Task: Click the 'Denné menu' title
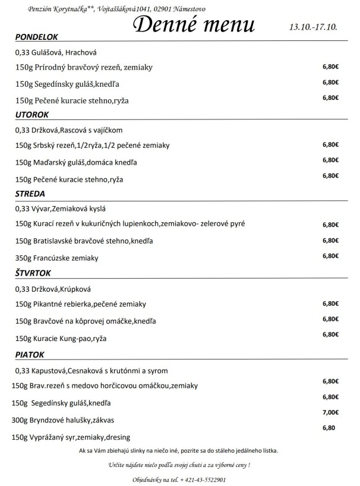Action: pyautogui.click(x=194, y=24)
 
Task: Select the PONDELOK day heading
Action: pyautogui.click(x=36, y=37)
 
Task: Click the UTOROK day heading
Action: pyautogui.click(x=31, y=114)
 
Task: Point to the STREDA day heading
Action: pyautogui.click(x=30, y=193)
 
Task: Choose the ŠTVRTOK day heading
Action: pyautogui.click(x=34, y=273)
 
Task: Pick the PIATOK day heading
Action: pyautogui.click(x=30, y=355)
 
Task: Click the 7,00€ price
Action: pyautogui.click(x=330, y=412)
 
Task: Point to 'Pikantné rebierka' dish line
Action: pyautogui.click(x=81, y=304)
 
